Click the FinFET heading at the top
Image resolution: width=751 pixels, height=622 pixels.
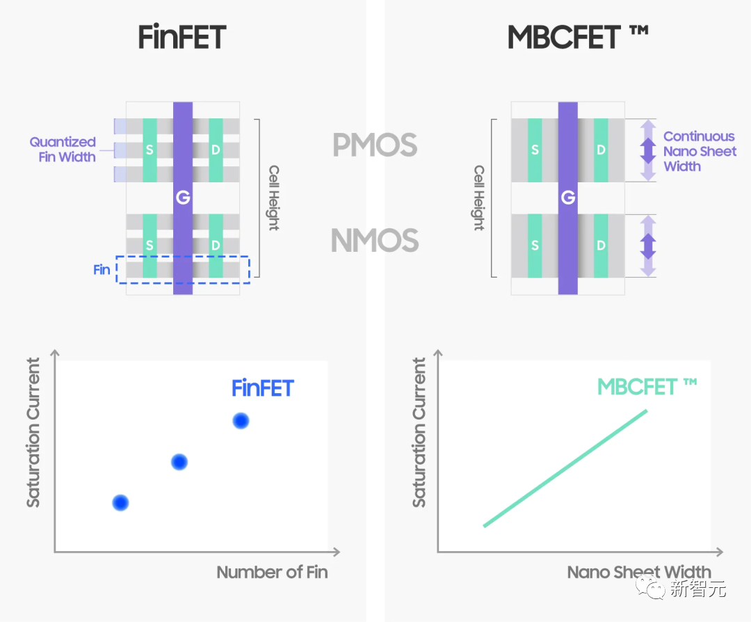(182, 38)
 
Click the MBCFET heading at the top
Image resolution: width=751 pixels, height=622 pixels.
(577, 38)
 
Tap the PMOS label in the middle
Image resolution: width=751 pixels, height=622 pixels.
(375, 145)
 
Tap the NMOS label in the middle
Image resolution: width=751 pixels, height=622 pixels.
(375, 241)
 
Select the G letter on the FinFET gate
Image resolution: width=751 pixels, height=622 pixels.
(183, 198)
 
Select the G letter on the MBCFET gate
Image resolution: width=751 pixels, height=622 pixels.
(567, 198)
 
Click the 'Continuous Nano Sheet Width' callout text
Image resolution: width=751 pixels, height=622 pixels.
(698, 151)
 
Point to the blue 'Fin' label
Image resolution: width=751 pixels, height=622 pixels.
(102, 270)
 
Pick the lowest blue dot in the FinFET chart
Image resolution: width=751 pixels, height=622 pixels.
(120, 502)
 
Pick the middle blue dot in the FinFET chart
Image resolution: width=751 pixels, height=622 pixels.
(179, 461)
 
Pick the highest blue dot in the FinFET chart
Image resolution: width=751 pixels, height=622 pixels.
(241, 420)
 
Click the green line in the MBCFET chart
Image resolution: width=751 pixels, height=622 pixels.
(565, 468)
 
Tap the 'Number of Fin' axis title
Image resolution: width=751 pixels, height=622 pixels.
(272, 573)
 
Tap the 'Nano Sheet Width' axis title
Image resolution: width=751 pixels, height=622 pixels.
(638, 573)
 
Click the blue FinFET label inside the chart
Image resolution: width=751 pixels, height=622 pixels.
(263, 388)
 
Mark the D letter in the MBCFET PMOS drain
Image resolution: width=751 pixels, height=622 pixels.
(601, 150)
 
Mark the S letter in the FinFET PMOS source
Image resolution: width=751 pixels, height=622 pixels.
(150, 150)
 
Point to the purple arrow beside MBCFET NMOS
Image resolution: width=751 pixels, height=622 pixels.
(648, 246)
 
